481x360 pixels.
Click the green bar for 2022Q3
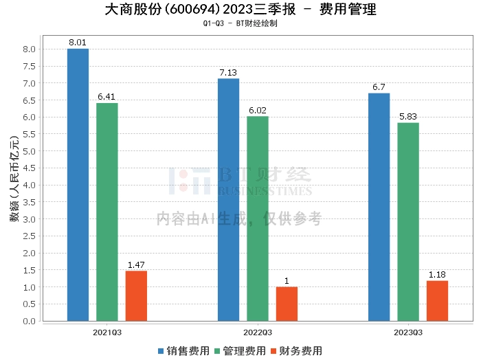coord(258,218)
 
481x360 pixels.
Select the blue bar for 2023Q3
coord(379,207)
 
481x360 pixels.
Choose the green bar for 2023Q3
coord(408,221)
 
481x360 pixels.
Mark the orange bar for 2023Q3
coord(437,300)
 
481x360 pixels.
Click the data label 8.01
coord(78,43)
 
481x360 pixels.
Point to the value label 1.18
coord(437,275)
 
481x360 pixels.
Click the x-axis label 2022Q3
coord(258,333)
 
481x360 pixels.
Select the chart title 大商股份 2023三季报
coord(240,10)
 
